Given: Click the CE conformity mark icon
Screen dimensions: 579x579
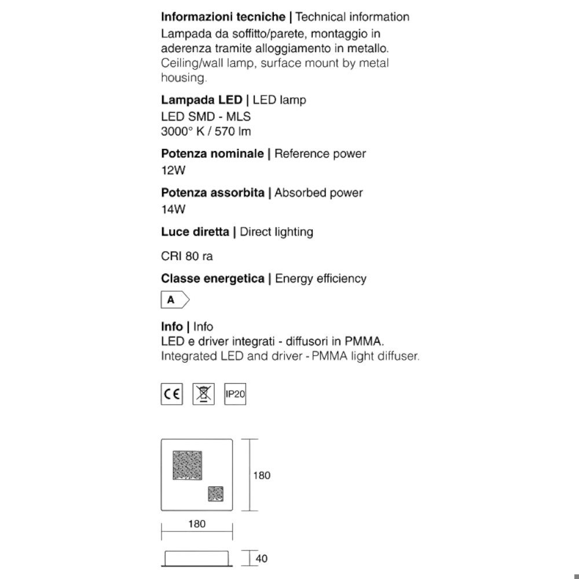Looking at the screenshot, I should (x=171, y=395).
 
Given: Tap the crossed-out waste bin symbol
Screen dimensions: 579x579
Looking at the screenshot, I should (x=203, y=395).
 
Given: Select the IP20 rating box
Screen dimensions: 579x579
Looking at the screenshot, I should (x=235, y=395).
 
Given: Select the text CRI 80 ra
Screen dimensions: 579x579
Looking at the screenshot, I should (x=187, y=255).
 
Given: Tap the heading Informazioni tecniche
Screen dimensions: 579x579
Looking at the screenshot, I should (x=223, y=17).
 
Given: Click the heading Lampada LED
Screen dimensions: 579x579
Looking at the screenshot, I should (x=201, y=100).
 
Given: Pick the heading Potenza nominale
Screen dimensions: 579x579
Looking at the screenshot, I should (x=212, y=154).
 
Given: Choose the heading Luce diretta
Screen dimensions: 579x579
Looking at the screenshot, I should (x=195, y=232).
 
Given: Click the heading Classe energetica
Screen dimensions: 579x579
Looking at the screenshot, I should (x=212, y=278).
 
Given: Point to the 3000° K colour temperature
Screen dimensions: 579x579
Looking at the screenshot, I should (x=182, y=131).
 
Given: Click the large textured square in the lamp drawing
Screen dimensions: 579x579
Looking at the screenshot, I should (x=187, y=466).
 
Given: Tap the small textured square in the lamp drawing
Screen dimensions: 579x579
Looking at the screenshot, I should (x=216, y=494).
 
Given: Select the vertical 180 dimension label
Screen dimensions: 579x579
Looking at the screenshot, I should (x=262, y=475).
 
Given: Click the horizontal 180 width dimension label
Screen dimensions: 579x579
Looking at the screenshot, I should (x=197, y=524).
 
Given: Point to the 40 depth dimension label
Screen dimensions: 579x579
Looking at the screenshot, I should (x=262, y=559).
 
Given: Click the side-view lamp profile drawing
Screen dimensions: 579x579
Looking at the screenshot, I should (x=197, y=558).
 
